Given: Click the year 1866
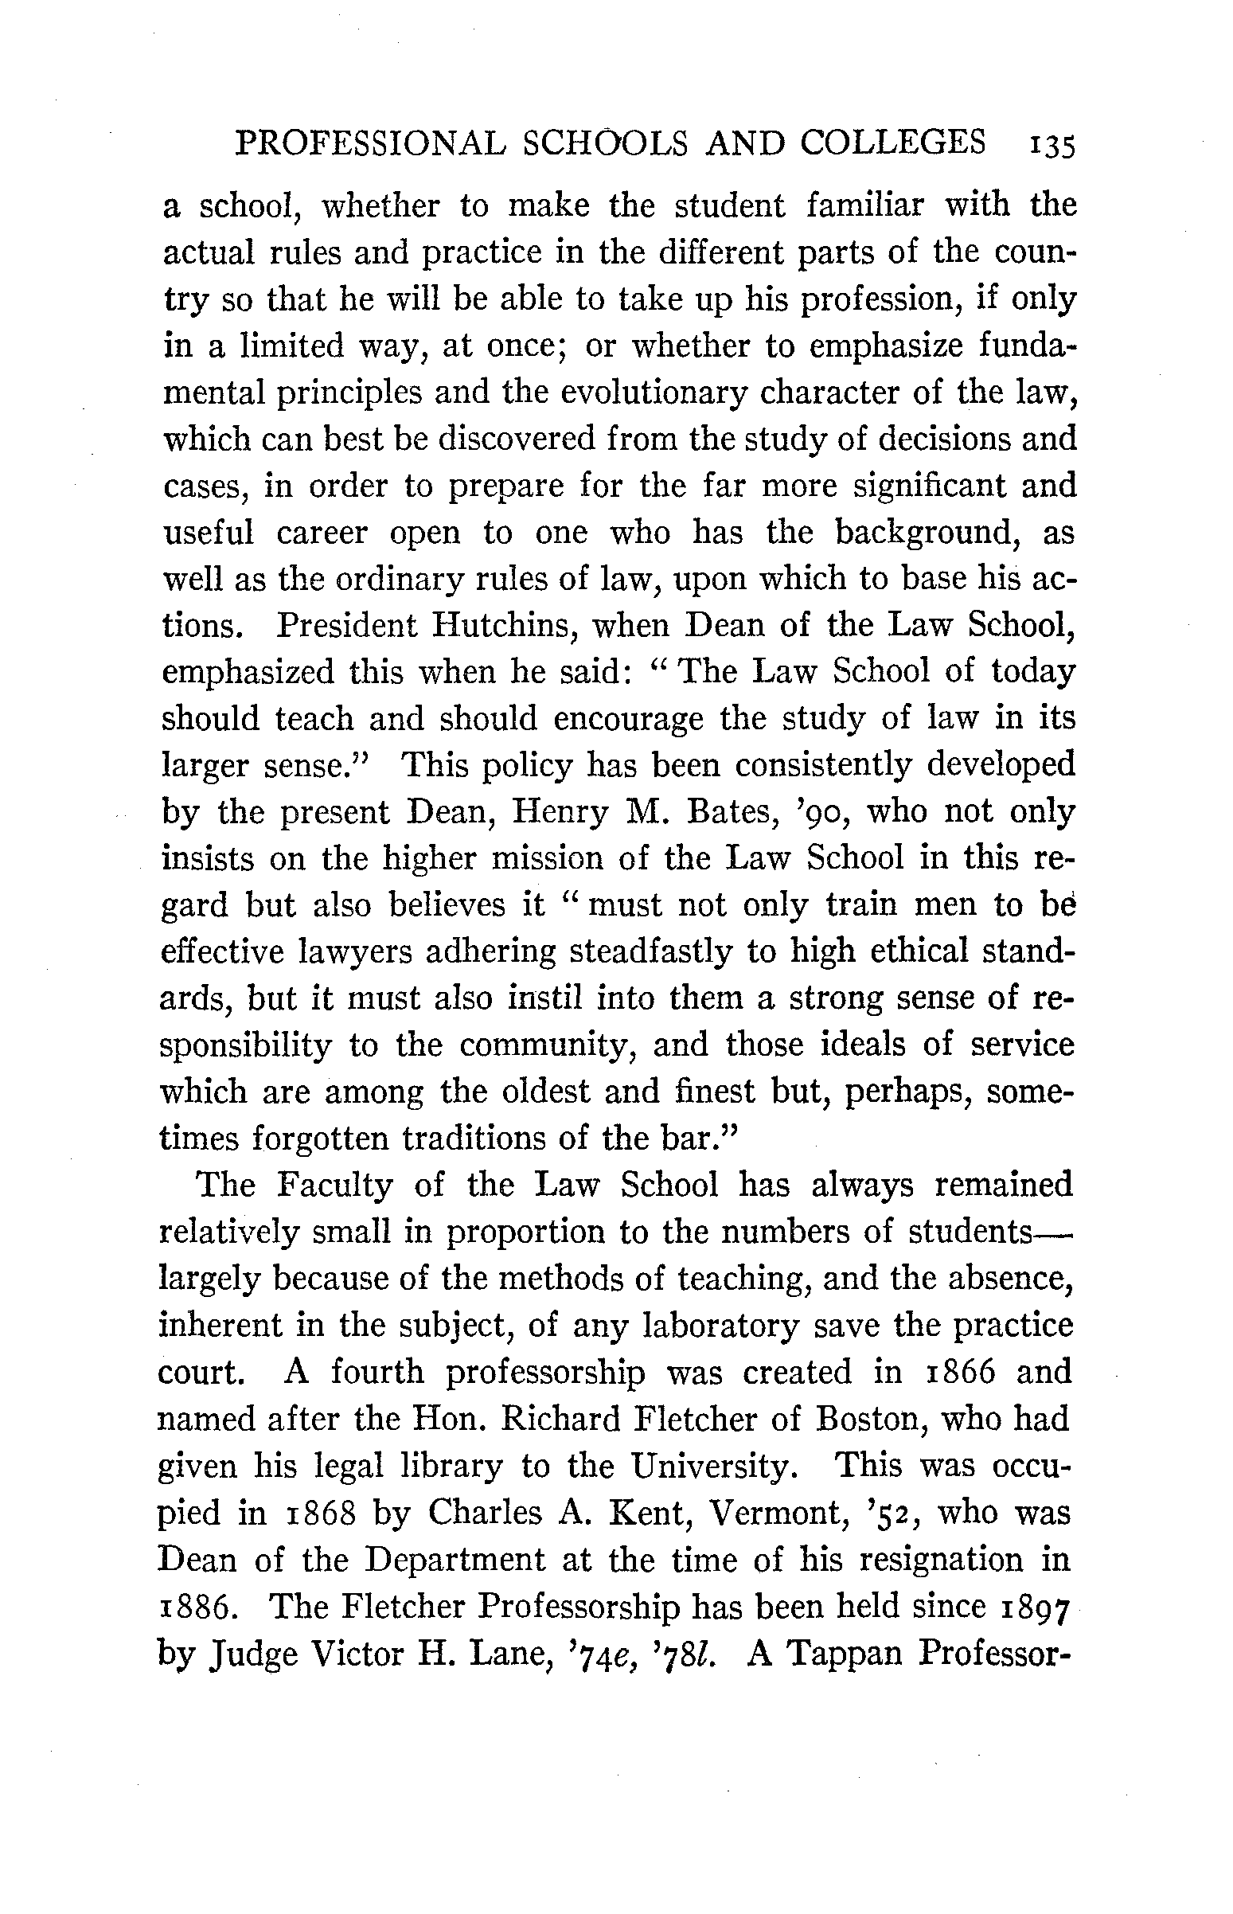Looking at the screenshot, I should (959, 1373).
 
